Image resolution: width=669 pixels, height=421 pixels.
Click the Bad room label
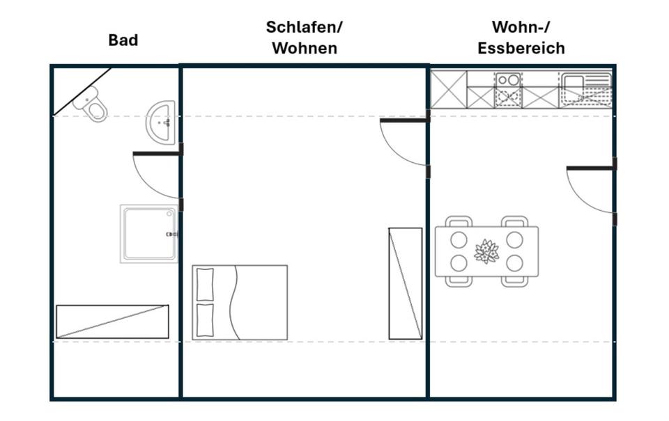click(x=123, y=40)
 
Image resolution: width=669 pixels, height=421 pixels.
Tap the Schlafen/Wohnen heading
click(x=305, y=38)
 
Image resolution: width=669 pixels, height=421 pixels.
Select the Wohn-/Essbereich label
click(x=521, y=38)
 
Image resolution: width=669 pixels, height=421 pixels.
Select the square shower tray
click(x=149, y=233)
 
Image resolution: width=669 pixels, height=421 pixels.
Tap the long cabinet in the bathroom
click(x=112, y=321)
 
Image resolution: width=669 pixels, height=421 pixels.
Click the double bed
click(x=240, y=302)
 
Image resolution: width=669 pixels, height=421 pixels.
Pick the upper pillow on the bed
click(x=205, y=284)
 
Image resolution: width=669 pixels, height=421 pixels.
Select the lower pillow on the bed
click(x=205, y=319)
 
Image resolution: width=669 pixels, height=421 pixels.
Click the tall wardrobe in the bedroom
click(x=405, y=283)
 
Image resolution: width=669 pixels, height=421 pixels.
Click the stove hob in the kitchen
click(x=508, y=80)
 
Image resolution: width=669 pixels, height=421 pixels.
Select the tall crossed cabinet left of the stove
click(x=448, y=89)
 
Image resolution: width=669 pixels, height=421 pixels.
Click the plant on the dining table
click(x=486, y=251)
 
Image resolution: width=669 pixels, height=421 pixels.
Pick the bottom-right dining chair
click(x=514, y=280)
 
